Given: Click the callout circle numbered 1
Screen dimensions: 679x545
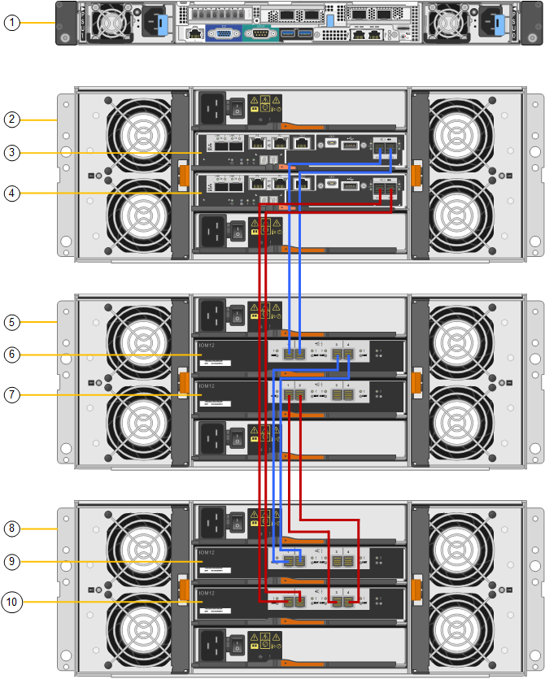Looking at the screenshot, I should click(11, 23).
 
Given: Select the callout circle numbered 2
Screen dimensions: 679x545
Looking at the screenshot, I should click(11, 120).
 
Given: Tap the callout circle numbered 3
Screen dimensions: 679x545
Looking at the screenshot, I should click(11, 153).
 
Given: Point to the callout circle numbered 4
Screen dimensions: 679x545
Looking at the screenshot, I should click(11, 194).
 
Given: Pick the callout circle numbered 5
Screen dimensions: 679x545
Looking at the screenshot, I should click(11, 322).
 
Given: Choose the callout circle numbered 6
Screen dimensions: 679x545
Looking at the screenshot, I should click(11, 355).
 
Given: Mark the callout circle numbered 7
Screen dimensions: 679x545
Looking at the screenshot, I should click(11, 394).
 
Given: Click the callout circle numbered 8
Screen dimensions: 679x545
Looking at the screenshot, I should click(11, 529).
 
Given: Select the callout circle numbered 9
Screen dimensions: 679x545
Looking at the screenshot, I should click(11, 561).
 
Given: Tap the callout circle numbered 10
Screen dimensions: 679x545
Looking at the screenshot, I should click(11, 602).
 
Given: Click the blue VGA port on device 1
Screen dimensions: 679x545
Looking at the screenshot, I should click(221, 34).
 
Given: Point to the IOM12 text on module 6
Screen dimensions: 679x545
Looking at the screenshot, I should click(208, 346).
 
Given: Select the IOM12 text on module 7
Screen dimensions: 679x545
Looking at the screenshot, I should click(208, 385).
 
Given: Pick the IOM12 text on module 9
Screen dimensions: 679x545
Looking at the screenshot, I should click(208, 552).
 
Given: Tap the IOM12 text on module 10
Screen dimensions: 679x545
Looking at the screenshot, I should click(208, 592).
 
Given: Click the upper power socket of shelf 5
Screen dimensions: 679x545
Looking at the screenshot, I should click(214, 312).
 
